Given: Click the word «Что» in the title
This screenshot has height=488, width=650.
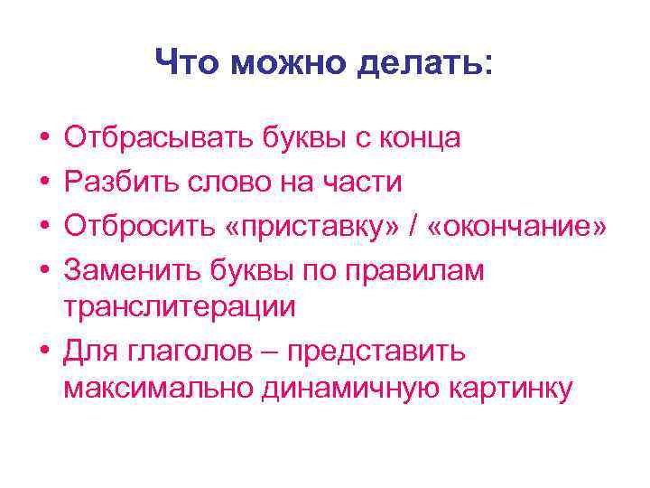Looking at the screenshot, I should [188, 63].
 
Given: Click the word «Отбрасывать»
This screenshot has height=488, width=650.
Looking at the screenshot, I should [157, 138].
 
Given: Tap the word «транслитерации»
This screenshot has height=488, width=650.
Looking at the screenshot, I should [180, 305].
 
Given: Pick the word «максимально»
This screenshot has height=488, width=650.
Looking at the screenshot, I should [161, 389].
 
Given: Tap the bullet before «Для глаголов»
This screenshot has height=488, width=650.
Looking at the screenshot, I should [44, 348].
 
